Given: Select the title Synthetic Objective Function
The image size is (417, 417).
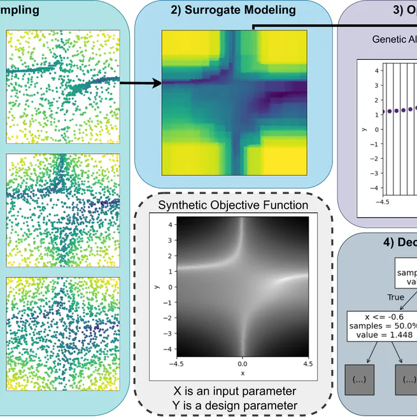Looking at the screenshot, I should [232, 205].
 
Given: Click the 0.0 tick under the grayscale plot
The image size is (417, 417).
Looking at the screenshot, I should [243, 364].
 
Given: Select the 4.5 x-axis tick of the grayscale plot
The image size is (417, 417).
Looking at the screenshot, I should [307, 364].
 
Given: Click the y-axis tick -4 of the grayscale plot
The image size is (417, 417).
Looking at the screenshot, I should [169, 349].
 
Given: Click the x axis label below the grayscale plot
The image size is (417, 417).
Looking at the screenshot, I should [243, 373].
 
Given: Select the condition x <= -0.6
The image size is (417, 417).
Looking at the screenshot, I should [381, 316].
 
